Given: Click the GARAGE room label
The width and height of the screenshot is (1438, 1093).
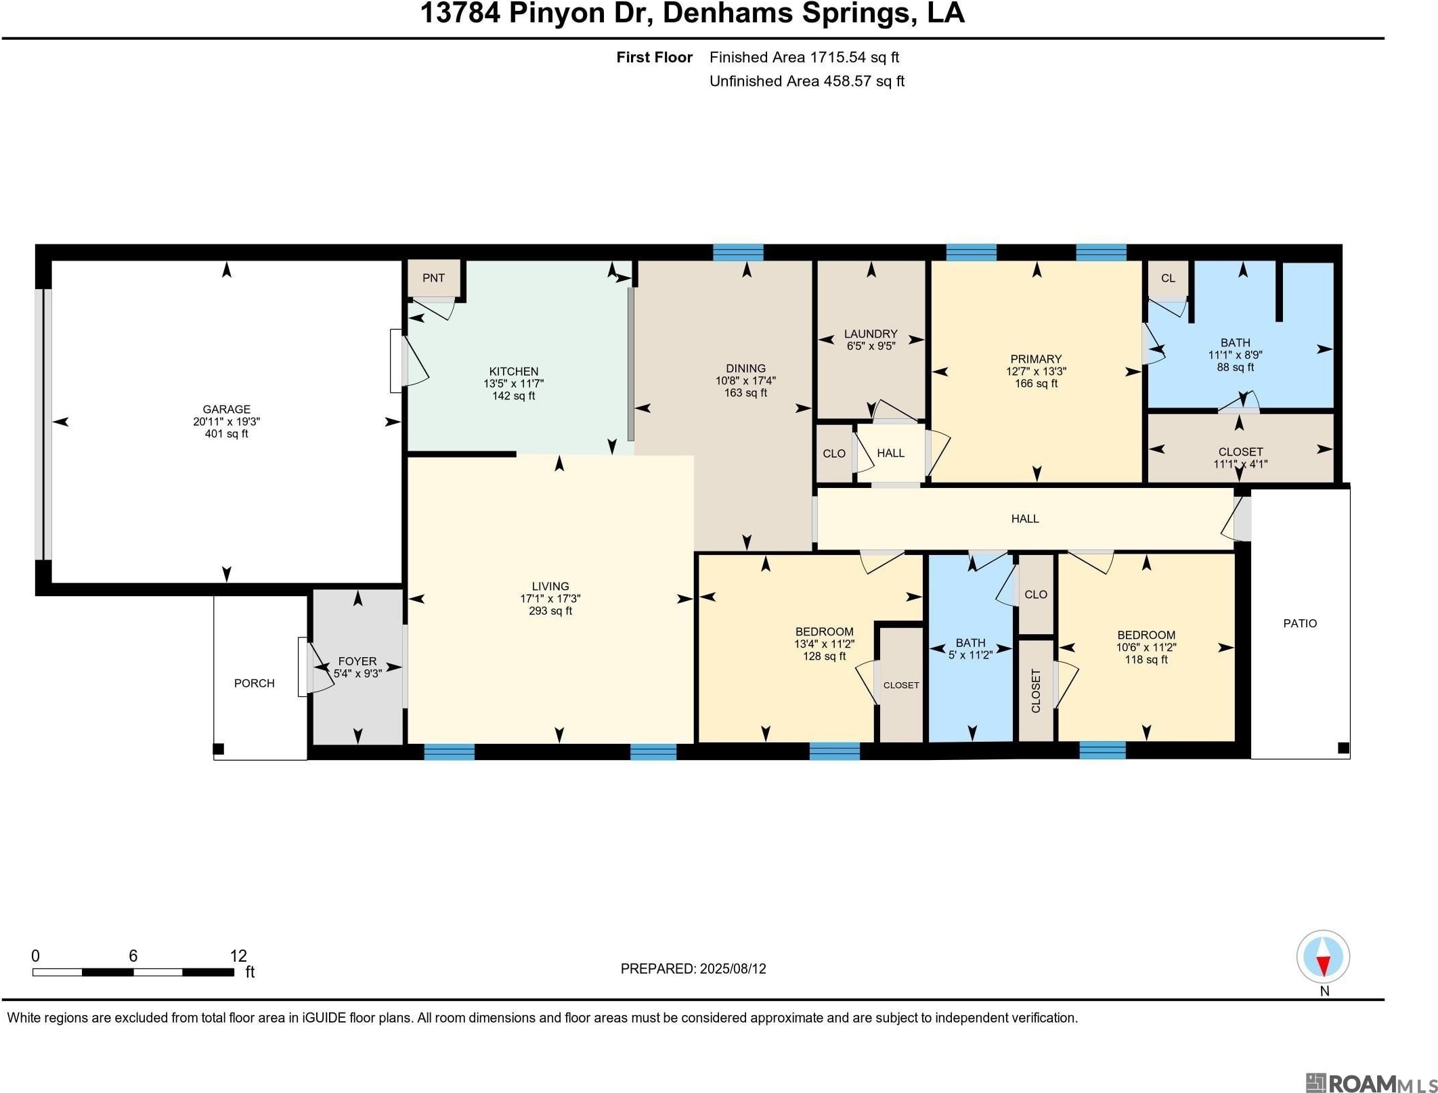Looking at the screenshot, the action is click(226, 409).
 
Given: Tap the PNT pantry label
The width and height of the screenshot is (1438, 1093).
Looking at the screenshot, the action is click(433, 278).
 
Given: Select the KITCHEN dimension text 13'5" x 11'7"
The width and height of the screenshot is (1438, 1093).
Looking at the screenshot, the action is click(513, 384).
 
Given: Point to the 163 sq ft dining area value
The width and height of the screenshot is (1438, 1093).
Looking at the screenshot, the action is click(745, 393).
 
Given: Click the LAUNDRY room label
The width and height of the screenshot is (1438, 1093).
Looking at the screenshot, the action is click(871, 334).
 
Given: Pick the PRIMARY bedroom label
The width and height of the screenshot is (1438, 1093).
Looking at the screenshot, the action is click(1036, 359).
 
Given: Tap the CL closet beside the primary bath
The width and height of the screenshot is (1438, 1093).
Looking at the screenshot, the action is click(1168, 278).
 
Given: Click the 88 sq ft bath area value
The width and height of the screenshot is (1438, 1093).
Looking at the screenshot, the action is click(1235, 367).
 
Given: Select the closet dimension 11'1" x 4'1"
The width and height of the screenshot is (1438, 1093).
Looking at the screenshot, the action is click(1240, 464).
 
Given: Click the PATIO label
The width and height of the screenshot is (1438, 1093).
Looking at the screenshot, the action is click(1300, 623).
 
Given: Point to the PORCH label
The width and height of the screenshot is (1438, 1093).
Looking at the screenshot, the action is click(255, 684).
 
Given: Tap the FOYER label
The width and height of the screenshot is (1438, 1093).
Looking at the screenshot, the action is click(357, 661).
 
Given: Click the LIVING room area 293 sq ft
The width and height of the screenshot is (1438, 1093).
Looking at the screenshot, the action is click(550, 611).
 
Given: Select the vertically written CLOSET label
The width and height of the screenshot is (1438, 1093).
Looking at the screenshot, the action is click(1036, 690).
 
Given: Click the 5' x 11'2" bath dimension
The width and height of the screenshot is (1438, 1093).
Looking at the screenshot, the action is click(970, 655).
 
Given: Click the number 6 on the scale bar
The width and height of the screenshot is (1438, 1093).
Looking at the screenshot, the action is click(133, 956).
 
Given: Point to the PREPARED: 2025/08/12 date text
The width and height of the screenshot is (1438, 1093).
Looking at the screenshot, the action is click(693, 968).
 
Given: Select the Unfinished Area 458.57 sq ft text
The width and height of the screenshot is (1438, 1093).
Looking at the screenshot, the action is click(806, 81).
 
